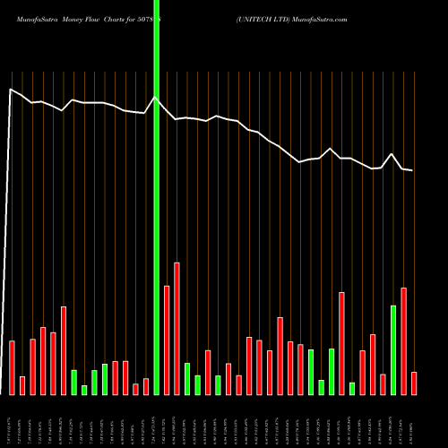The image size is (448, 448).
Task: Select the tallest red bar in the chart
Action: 177,328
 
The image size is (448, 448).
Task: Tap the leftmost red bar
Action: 12,367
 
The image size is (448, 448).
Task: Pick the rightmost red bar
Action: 414,383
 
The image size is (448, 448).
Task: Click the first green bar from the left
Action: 73,382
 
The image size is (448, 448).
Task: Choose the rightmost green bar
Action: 393,349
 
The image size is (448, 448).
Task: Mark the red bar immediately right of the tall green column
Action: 167,340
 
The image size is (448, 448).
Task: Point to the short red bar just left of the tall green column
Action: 146,386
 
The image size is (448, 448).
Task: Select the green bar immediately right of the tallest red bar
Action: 187,378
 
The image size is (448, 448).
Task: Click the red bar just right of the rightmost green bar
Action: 404,340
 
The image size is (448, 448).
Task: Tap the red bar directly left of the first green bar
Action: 64,350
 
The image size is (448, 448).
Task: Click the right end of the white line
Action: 412,170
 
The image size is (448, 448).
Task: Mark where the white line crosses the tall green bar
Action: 157,98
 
